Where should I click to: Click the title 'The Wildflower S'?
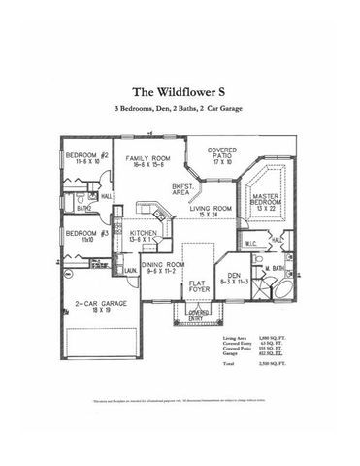point(180,93)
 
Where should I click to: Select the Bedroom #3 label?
point(85,233)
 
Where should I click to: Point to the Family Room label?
point(147,157)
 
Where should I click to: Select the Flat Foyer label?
point(199,283)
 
